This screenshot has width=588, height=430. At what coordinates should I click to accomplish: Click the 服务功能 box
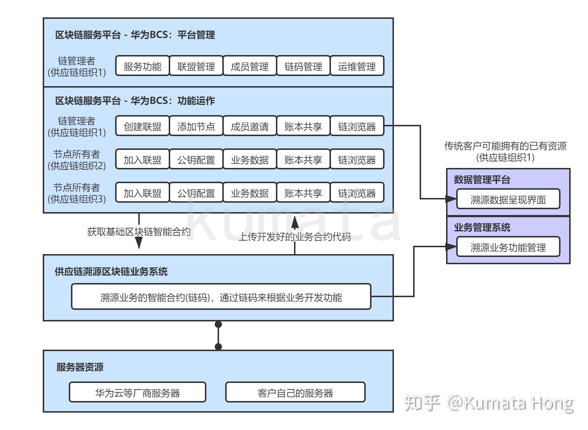142,66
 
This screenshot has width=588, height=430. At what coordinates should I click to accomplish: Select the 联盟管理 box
196,66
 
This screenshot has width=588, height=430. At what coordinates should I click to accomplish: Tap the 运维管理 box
357,66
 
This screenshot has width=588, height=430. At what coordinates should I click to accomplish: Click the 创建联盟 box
142,126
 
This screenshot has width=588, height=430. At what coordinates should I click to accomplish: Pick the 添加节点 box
196,126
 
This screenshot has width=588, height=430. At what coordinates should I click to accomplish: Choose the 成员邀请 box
249,126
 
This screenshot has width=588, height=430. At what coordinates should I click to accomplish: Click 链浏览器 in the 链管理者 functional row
357,126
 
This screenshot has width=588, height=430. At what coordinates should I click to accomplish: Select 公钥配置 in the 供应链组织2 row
196,160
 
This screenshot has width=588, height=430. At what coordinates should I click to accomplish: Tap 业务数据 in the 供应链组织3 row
249,193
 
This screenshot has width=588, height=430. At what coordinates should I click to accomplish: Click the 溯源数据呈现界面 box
508,199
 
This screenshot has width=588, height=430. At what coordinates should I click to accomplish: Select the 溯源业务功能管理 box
508,247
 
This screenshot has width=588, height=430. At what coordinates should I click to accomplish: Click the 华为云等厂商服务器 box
138,393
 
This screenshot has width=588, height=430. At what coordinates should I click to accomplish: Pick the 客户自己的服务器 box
295,393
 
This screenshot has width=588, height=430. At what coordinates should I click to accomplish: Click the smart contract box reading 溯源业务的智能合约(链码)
221,297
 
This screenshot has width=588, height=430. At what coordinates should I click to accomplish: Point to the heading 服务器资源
80,367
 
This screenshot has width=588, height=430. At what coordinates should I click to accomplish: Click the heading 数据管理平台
482,180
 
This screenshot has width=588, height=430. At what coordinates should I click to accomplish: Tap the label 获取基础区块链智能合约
139,232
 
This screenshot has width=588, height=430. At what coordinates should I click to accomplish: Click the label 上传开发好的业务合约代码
295,237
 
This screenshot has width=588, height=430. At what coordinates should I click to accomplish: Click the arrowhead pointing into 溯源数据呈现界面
451,199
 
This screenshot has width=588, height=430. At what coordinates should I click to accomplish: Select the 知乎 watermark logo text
422,403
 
